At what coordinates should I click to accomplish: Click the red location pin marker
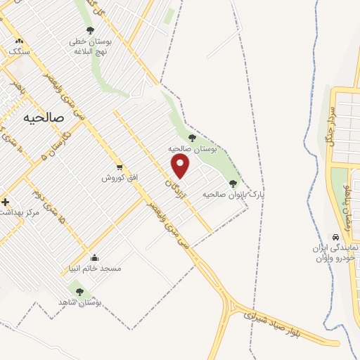pyautogui.click(x=181, y=166)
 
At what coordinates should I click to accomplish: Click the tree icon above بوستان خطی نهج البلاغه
pyautogui.click(x=89, y=30)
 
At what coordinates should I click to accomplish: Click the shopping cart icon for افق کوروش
pyautogui.click(x=120, y=167)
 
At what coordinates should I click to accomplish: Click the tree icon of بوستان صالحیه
pyautogui.click(x=192, y=138)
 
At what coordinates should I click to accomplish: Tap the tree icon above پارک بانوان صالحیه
pyautogui.click(x=233, y=184)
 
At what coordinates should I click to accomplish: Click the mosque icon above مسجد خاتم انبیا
pyautogui.click(x=95, y=257)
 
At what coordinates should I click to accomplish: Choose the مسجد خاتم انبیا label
pyautogui.click(x=101, y=269)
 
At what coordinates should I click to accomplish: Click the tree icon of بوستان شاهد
pyautogui.click(x=79, y=291)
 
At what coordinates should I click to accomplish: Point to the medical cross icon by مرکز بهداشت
pyautogui.click(x=5, y=202)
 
